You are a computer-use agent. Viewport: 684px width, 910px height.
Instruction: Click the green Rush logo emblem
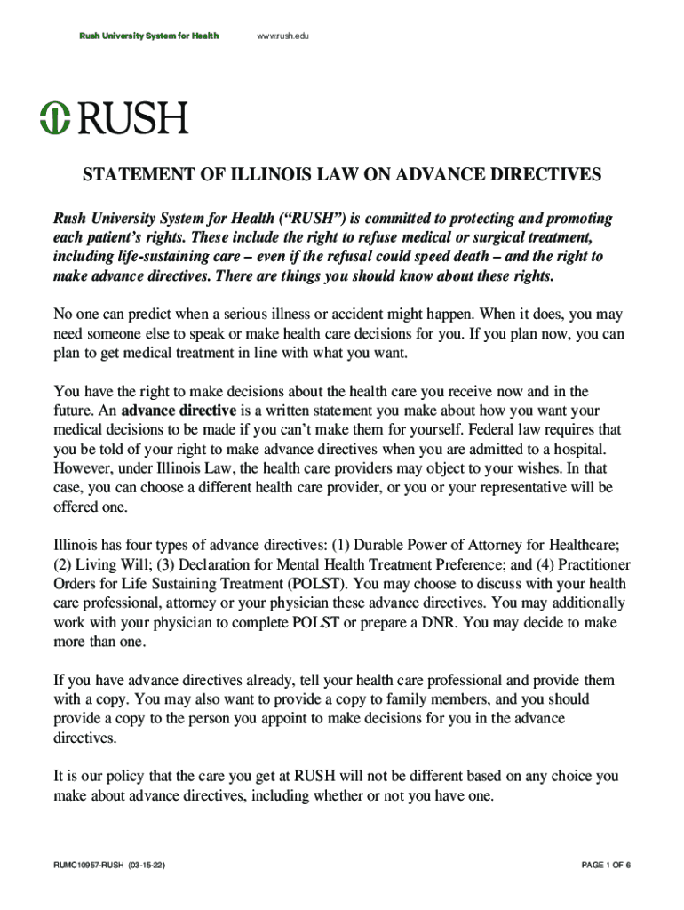pyautogui.click(x=54, y=118)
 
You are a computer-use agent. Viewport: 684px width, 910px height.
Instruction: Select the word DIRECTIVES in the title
pyautogui.click(x=537, y=175)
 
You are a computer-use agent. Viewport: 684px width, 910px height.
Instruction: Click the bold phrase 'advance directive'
pyautogui.click(x=179, y=411)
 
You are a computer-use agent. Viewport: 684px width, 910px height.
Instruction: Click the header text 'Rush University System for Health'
pyautogui.click(x=149, y=36)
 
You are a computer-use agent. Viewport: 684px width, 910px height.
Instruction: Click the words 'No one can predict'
pyautogui.click(x=113, y=315)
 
